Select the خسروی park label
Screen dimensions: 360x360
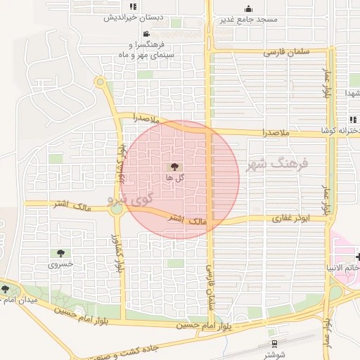tap(60, 265)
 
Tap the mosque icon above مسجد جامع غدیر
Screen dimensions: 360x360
tap(248, 8)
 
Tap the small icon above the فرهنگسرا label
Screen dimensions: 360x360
tap(146, 34)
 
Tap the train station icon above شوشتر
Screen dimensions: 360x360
tap(273, 344)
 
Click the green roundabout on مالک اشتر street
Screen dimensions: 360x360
tap(117, 208)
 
